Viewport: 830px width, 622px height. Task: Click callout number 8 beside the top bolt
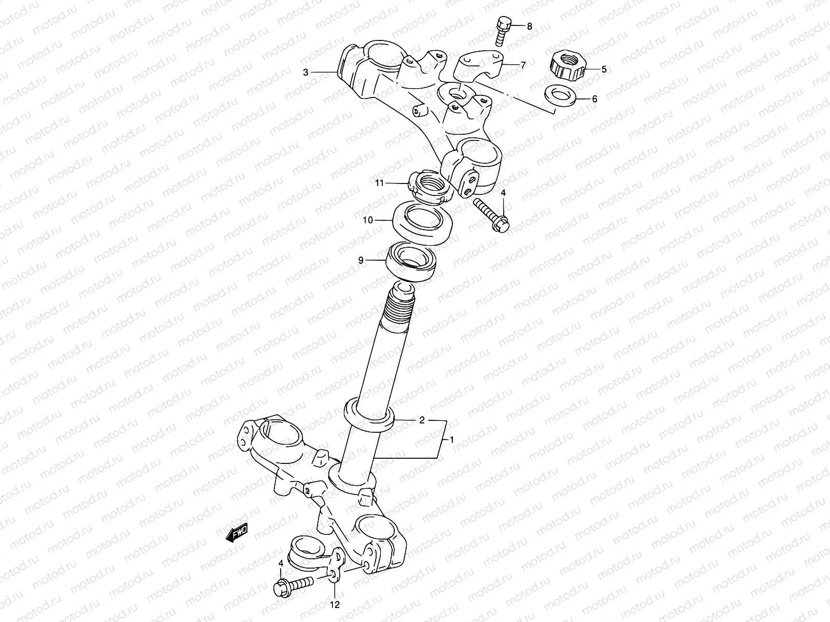529,27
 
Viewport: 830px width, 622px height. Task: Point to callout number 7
522,65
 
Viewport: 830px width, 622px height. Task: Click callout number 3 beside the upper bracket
306,73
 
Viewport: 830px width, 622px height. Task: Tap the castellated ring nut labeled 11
429,188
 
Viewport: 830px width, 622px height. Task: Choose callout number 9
361,261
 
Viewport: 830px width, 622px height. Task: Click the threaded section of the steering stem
400,310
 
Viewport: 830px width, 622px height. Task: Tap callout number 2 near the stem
422,420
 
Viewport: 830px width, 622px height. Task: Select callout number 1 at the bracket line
451,440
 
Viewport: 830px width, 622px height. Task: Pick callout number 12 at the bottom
335,604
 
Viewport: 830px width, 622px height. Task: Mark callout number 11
379,182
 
